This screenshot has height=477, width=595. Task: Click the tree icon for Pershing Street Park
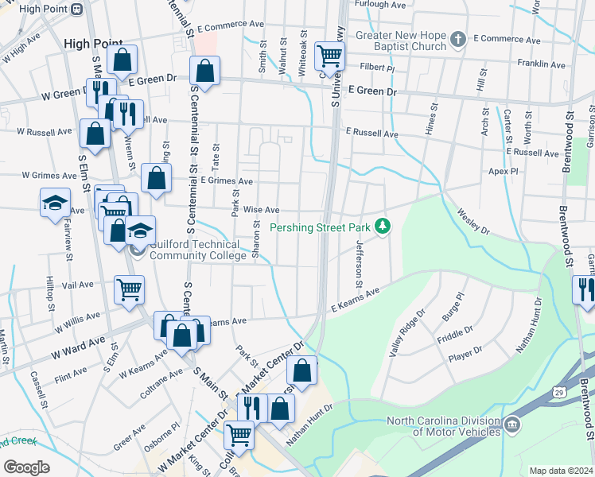point(383,227)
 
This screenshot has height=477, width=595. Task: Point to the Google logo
point(26,467)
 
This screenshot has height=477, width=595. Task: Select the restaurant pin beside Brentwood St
point(584,289)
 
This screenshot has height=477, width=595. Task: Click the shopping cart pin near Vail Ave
point(129,289)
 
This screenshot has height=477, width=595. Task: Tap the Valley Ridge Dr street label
point(406,332)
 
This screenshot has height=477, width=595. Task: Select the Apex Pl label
point(504,171)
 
